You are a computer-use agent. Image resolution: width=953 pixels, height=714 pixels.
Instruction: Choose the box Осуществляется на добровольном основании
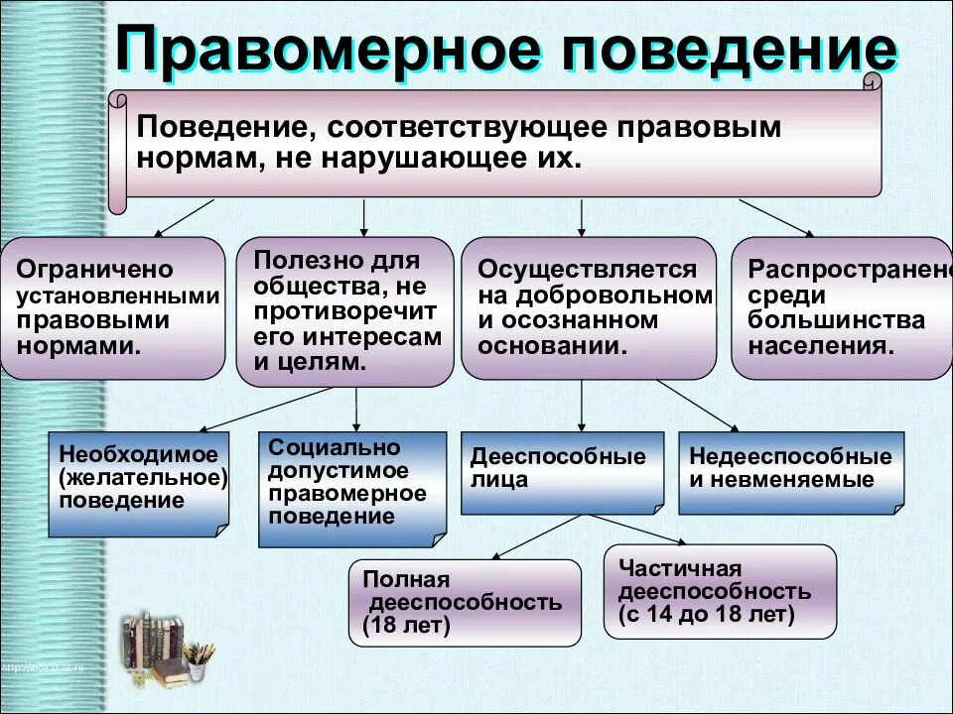click(588, 308)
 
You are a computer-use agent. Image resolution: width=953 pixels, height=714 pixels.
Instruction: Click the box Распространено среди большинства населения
click(842, 308)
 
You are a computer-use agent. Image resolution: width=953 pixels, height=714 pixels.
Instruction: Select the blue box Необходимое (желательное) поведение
click(139, 484)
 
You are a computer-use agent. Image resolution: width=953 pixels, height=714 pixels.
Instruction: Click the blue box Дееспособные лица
click(562, 472)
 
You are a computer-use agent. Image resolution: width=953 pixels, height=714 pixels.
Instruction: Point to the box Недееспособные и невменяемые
click(791, 472)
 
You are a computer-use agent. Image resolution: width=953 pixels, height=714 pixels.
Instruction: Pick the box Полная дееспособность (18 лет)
click(465, 602)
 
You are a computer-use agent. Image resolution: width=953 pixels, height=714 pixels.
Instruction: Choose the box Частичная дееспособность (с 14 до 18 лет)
click(720, 591)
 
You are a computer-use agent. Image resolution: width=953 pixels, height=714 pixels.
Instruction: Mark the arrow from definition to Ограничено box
click(183, 217)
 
